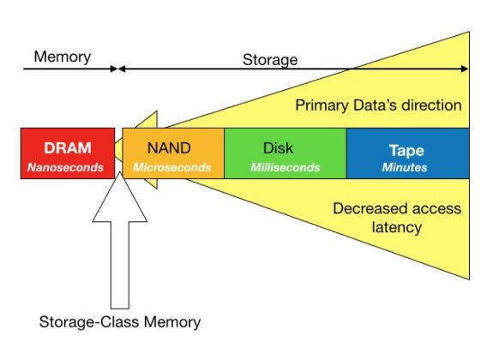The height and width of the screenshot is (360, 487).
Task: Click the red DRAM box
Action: (x=68, y=153)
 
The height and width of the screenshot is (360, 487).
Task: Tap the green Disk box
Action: (x=285, y=153)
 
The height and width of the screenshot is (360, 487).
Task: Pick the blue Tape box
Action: (x=407, y=153)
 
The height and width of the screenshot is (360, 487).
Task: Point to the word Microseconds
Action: (x=171, y=168)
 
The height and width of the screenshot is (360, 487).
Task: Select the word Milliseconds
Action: (x=285, y=168)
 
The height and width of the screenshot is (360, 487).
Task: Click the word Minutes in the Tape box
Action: (x=405, y=168)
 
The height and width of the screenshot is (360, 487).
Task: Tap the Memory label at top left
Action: (x=62, y=57)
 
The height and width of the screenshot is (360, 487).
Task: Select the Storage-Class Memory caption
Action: (x=119, y=323)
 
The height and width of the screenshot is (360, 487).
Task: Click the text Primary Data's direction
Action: (x=378, y=105)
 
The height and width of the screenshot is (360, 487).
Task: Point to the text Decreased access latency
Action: (x=395, y=219)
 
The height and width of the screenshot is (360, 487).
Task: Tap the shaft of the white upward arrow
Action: (x=119, y=266)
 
